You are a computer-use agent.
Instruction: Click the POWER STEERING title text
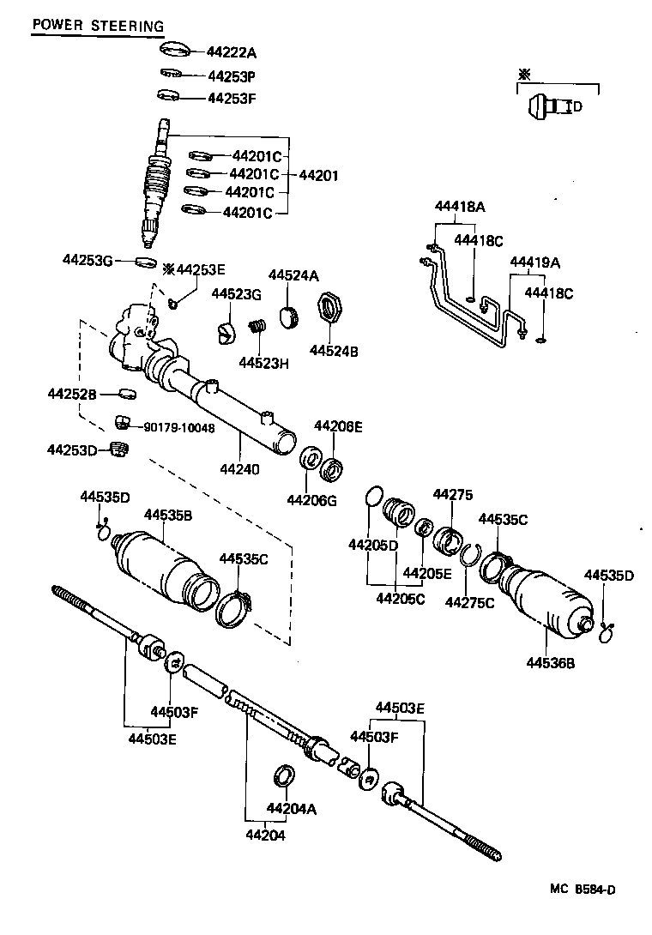point(97,26)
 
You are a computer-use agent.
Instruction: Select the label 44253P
point(232,75)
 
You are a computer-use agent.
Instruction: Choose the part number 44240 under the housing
point(238,469)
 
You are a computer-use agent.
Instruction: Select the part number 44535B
point(167,515)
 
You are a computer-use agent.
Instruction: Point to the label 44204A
point(292,808)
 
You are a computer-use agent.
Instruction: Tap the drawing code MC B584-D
point(583,890)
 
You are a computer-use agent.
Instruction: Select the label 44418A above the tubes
point(459,207)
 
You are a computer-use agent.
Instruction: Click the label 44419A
point(534,262)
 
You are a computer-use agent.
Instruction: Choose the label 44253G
point(87,259)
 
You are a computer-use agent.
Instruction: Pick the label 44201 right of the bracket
point(318,175)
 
